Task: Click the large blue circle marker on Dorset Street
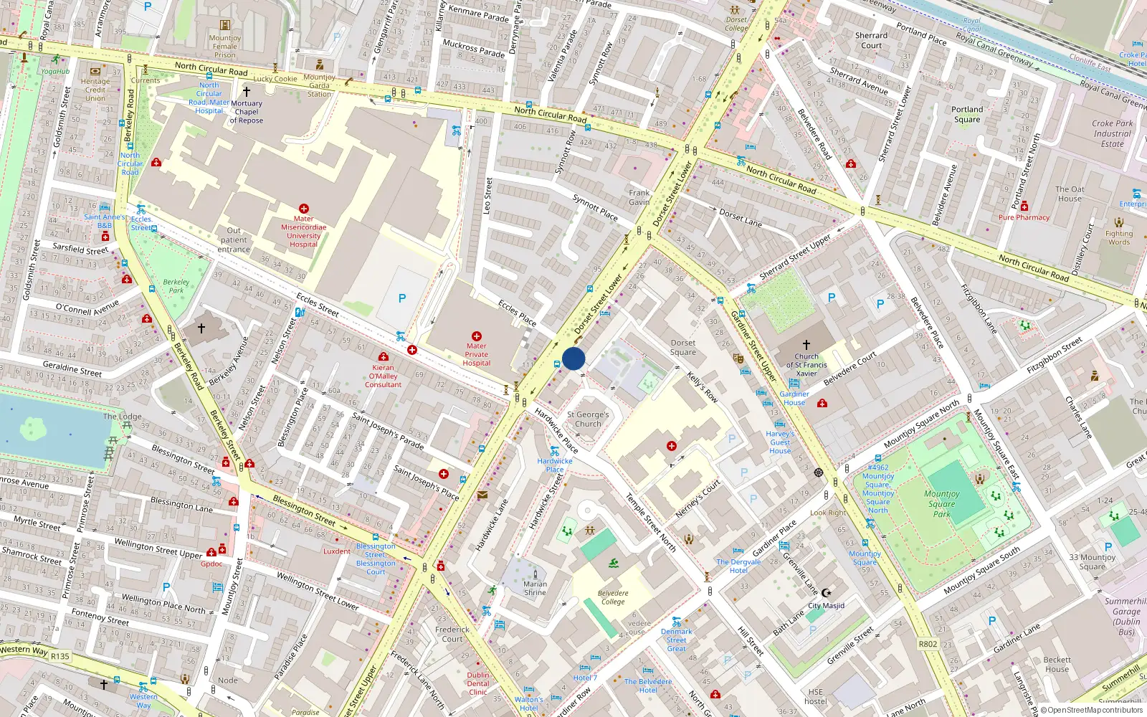pyautogui.click(x=573, y=358)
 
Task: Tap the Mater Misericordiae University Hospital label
pyautogui.click(x=303, y=232)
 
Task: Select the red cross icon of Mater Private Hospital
pyautogui.click(x=477, y=336)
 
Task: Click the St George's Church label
pyautogui.click(x=588, y=419)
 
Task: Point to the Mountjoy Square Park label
pyautogui.click(x=941, y=503)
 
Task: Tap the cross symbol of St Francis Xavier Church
pyautogui.click(x=806, y=345)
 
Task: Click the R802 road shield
pyautogui.click(x=928, y=644)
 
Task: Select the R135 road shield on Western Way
pyautogui.click(x=60, y=656)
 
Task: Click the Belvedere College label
pyautogui.click(x=613, y=597)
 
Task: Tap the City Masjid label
pyautogui.click(x=826, y=606)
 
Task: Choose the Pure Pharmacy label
pyautogui.click(x=1024, y=217)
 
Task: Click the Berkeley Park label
pyautogui.click(x=176, y=286)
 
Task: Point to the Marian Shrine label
pyautogui.click(x=535, y=588)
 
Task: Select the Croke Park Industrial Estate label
pyautogui.click(x=1113, y=133)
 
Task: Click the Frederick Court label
pyautogui.click(x=452, y=634)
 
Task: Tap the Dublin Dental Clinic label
pyautogui.click(x=478, y=683)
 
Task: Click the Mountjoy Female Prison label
pyautogui.click(x=224, y=46)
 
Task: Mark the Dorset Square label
pyautogui.click(x=683, y=347)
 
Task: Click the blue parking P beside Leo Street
pyautogui.click(x=402, y=298)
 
